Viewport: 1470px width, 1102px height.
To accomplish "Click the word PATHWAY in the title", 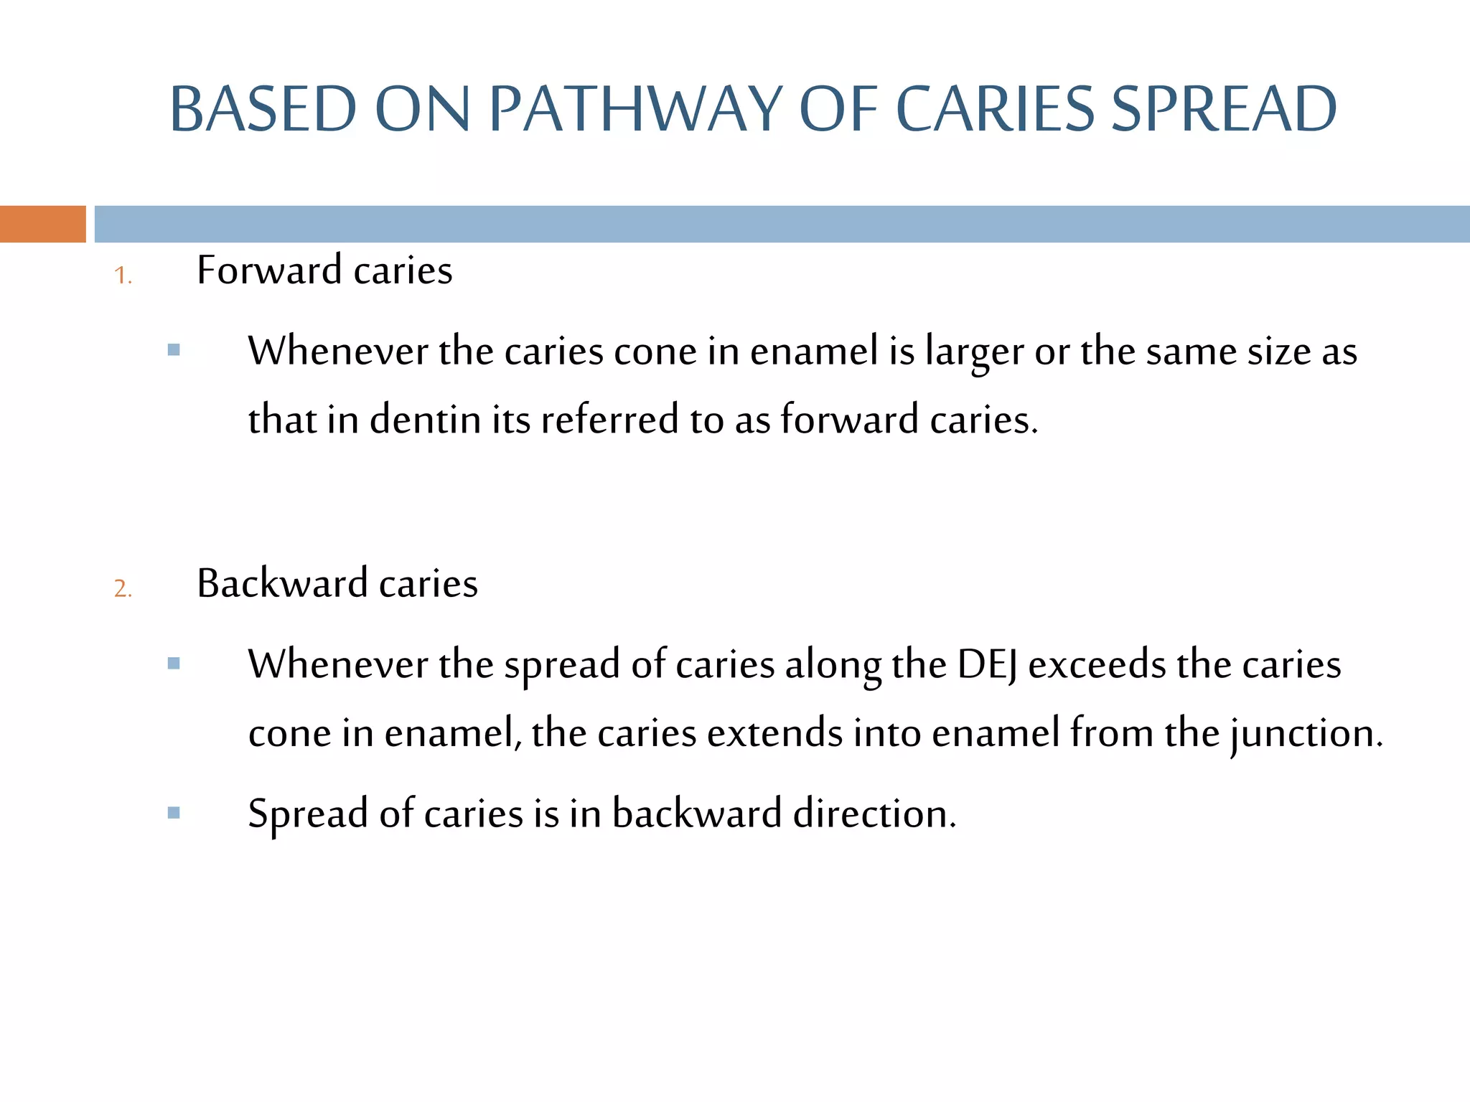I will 635,109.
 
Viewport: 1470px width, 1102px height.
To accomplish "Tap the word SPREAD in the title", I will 1223,109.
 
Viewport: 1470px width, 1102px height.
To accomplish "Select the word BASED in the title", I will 263,109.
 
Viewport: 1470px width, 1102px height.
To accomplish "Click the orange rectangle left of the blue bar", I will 42,224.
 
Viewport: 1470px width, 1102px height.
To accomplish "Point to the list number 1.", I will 123,275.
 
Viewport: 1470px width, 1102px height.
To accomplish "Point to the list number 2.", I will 123,588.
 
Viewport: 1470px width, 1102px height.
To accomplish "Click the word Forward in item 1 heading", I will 269,270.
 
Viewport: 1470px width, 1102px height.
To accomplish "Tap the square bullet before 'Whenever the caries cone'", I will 174,350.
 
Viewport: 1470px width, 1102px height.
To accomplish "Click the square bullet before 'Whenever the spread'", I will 174,663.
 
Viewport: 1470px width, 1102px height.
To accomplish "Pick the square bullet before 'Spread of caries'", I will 174,813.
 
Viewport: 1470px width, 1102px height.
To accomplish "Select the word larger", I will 974,353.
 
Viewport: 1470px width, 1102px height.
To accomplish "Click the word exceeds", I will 1096,664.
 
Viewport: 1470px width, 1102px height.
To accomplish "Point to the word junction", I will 1306,733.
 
